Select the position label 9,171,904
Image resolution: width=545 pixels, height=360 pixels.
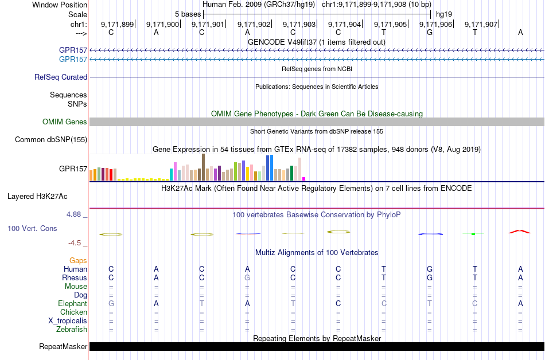pyautogui.click(x=344, y=24)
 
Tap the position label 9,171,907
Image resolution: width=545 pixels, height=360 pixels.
pyautogui.click(x=481, y=24)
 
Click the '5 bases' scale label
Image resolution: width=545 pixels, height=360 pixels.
pyautogui.click(x=186, y=14)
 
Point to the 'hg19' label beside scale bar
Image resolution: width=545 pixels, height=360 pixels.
pyautogui.click(x=444, y=14)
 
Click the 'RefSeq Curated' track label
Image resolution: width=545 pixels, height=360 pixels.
pyautogui.click(x=61, y=77)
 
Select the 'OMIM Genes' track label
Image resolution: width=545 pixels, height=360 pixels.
pyautogui.click(x=65, y=122)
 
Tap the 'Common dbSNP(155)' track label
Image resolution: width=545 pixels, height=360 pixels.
pyautogui.click(x=51, y=139)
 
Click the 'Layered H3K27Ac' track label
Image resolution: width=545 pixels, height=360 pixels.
pyautogui.click(x=37, y=196)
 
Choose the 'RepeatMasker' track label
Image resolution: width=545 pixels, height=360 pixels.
pyautogui.click(x=63, y=346)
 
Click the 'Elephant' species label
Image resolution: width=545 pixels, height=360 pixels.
pyautogui.click(x=72, y=303)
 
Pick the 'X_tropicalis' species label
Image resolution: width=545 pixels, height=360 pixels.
pyautogui.click(x=68, y=320)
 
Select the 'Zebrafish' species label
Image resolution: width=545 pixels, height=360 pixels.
pyautogui.click(x=72, y=329)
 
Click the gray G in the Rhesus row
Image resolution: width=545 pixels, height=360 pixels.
pyautogui.click(x=247, y=277)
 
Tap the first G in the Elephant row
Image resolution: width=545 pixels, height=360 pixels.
pyautogui.click(x=111, y=303)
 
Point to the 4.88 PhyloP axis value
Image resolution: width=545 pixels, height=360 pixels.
pyautogui.click(x=75, y=214)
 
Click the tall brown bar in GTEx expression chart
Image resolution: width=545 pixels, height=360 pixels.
pyautogui.click(x=203, y=167)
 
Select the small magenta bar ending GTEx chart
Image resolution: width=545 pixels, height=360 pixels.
pyautogui.click(x=304, y=178)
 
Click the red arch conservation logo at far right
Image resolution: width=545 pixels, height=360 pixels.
pyautogui.click(x=520, y=232)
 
